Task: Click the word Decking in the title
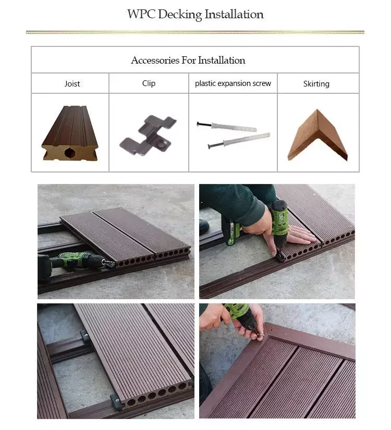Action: pos(180,15)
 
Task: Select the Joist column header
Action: pos(72,83)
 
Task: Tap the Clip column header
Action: pos(149,83)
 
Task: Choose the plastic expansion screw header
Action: pos(233,83)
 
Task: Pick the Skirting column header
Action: pos(316,83)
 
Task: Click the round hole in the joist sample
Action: pos(69,153)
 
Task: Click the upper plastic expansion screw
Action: pos(227,127)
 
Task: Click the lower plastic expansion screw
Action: pos(239,140)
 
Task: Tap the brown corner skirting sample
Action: pos(317,136)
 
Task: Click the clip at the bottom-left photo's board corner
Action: pos(116,401)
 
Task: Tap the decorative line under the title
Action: pos(195,32)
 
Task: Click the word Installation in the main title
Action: pos(234,14)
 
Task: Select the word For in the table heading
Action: pos(189,60)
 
